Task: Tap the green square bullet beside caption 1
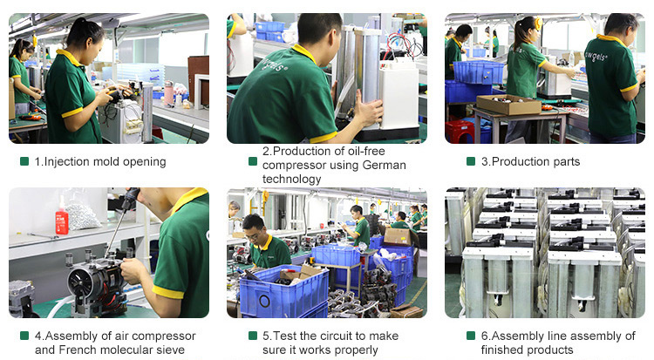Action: (x=24, y=161)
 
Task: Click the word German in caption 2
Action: (x=385, y=166)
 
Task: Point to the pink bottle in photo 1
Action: (x=168, y=92)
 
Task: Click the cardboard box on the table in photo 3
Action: (x=509, y=105)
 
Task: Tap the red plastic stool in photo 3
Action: (x=459, y=132)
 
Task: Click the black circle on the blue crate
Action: (x=264, y=301)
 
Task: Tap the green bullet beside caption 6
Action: (x=471, y=336)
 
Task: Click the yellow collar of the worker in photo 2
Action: (x=304, y=53)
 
